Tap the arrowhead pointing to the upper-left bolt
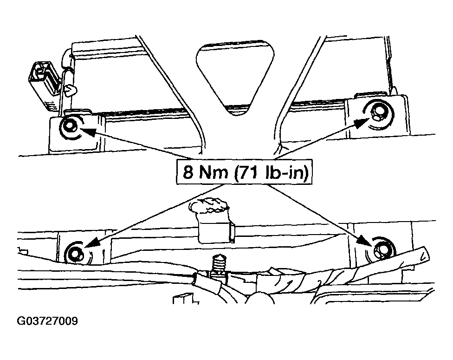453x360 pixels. (87, 131)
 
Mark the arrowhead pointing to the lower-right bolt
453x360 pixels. (365, 241)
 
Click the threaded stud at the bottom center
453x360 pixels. (219, 265)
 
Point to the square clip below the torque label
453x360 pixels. (216, 230)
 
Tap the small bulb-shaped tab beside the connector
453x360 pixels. (71, 90)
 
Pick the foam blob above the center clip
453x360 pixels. (208, 205)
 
